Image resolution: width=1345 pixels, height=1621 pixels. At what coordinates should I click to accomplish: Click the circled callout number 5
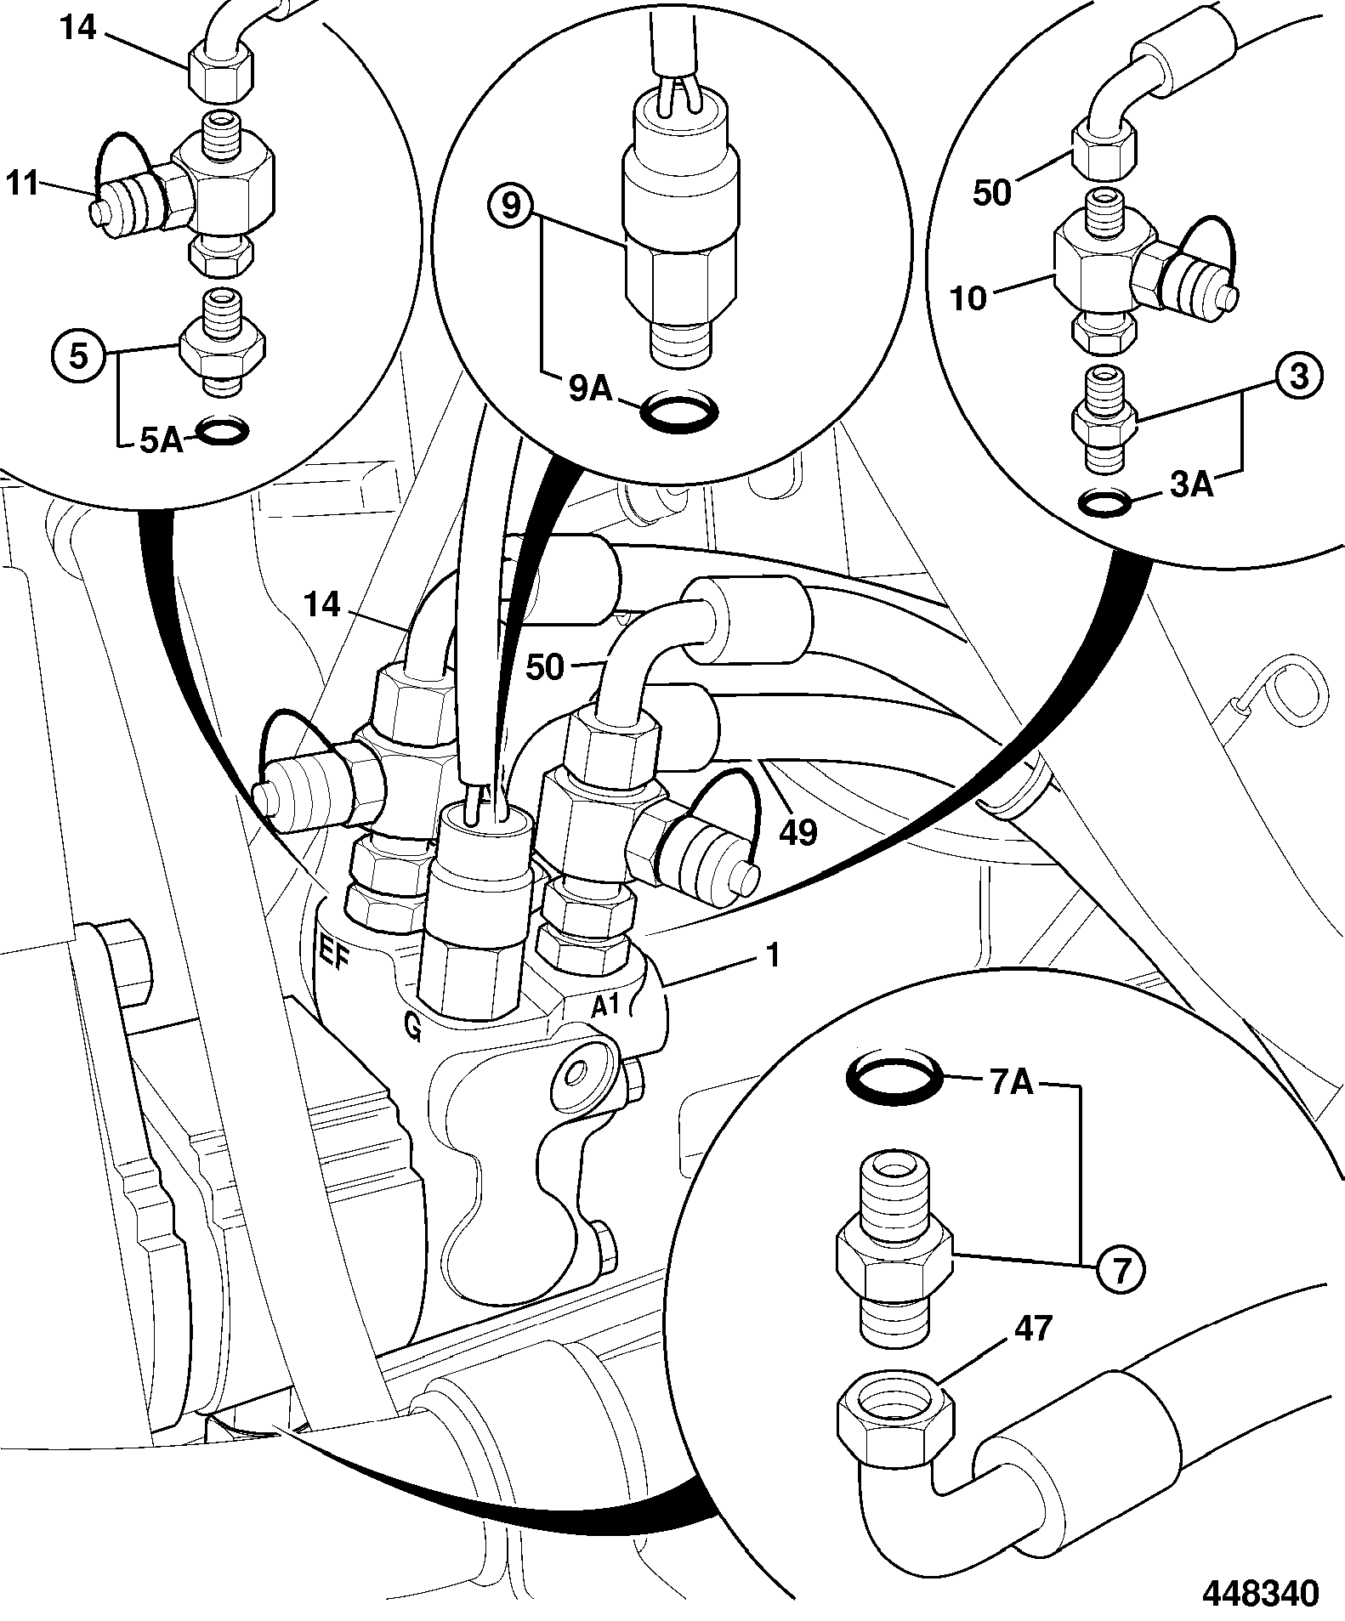coord(78,355)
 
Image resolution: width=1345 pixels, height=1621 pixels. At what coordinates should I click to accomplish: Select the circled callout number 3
coord(1298,376)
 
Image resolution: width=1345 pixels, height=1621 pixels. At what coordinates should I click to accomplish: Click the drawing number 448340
coord(1260,1590)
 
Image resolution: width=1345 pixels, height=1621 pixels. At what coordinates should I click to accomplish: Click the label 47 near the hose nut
coord(1034,1352)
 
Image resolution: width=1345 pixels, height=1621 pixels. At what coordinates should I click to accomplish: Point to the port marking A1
coord(606,1006)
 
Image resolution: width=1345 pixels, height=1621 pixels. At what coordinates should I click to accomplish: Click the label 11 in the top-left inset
coord(23,182)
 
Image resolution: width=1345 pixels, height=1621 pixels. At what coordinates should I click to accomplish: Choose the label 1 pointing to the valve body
coord(773,955)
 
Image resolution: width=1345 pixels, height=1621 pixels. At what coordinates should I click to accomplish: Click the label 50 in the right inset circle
coord(993,193)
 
